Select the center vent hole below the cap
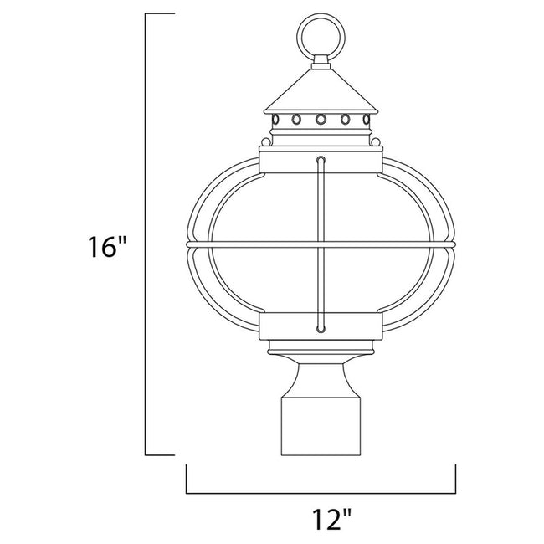(320, 119)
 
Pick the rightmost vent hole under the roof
(366, 119)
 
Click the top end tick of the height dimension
(161, 15)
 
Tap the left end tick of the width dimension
(186, 480)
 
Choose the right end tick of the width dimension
(454, 480)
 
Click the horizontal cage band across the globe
(251, 245)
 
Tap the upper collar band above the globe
(285, 163)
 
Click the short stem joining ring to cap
(320, 60)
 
